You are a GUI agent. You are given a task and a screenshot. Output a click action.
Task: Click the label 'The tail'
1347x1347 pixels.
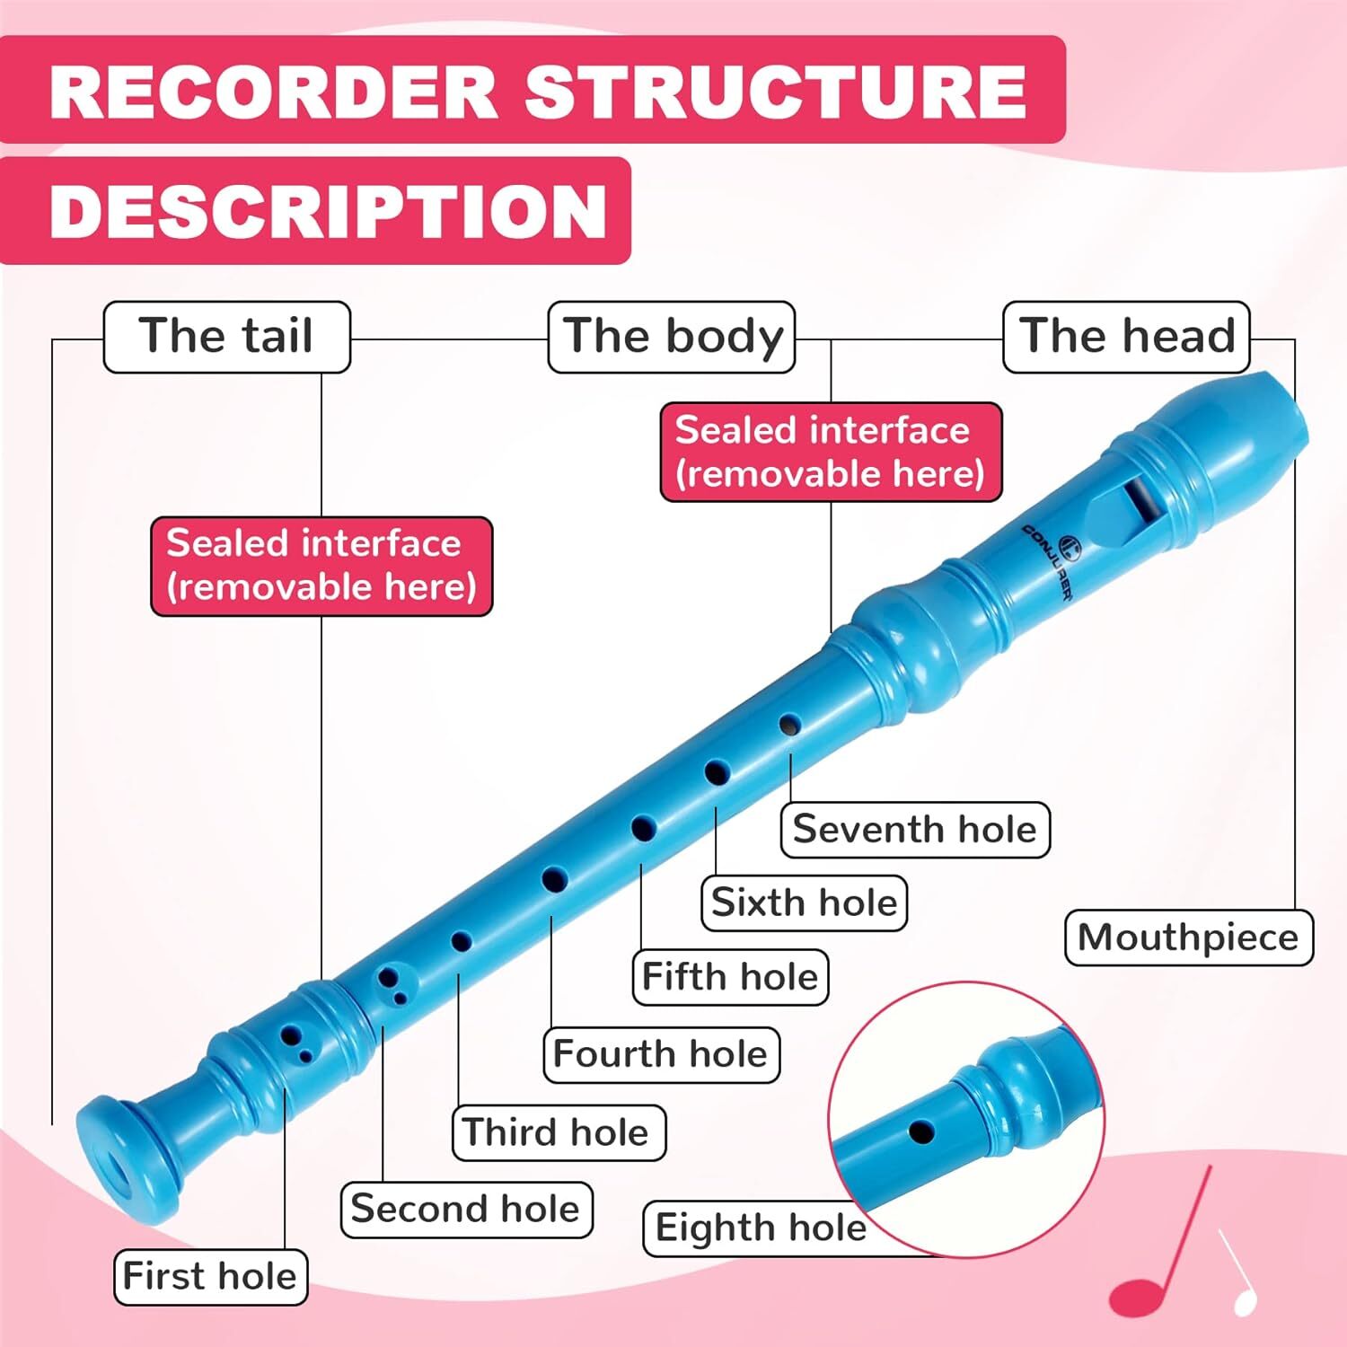pyautogui.click(x=226, y=337)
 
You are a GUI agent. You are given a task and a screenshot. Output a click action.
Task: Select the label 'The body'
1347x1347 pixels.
pyautogui.click(x=672, y=337)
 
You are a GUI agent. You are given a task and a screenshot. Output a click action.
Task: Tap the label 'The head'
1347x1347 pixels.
pyautogui.click(x=1126, y=337)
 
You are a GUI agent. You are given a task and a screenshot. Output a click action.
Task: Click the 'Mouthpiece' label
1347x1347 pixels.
pyautogui.click(x=1188, y=938)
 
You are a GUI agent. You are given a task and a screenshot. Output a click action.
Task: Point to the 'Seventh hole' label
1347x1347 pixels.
pyautogui.click(x=914, y=829)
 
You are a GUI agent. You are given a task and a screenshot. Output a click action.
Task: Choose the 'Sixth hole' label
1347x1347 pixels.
pyautogui.click(x=804, y=902)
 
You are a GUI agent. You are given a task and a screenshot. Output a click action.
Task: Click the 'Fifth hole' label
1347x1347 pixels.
pyautogui.click(x=729, y=976)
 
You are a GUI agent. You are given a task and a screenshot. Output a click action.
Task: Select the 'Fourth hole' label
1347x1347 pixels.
pyautogui.click(x=660, y=1054)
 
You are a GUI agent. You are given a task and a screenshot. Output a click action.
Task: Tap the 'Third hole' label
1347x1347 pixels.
pyautogui.click(x=557, y=1132)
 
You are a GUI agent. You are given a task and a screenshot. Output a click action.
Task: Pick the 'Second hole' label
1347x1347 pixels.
pyautogui.click(x=465, y=1210)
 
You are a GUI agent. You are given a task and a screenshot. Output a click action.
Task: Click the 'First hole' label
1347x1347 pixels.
pyautogui.click(x=209, y=1276)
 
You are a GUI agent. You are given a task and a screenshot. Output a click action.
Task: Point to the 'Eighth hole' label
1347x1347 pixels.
pyautogui.click(x=760, y=1228)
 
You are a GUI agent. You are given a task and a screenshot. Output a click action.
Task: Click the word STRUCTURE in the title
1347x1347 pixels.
pyautogui.click(x=775, y=92)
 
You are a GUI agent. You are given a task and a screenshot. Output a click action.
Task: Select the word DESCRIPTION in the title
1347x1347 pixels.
pyautogui.click(x=328, y=212)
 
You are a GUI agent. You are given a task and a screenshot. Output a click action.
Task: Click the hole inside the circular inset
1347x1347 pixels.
pyautogui.click(x=921, y=1131)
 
